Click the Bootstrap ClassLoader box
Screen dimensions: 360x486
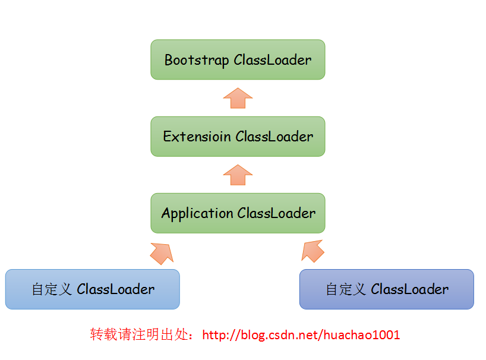[x=238, y=59]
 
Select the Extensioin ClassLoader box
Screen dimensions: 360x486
[x=238, y=137]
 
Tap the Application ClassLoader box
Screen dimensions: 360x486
[x=238, y=213]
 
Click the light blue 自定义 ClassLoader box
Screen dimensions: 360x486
[x=92, y=289]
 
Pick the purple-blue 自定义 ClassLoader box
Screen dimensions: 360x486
[x=386, y=289]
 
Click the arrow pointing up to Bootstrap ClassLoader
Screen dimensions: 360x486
[x=238, y=98]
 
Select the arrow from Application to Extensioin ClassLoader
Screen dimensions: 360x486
[x=238, y=175]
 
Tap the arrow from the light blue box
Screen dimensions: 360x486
[x=162, y=252]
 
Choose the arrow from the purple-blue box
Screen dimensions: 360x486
[x=313, y=251]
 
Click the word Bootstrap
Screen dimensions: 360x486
[x=197, y=60]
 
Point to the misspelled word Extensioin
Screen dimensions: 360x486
[x=197, y=137]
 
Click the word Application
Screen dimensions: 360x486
[x=197, y=213]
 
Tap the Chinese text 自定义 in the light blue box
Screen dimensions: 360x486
[x=52, y=289]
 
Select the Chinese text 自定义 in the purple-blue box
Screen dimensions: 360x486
[x=346, y=289]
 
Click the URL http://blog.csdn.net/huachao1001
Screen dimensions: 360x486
[x=301, y=335]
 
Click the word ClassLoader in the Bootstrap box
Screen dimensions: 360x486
[x=273, y=60]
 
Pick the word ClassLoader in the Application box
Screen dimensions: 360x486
[x=276, y=213]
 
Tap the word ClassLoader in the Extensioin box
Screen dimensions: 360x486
[x=274, y=137]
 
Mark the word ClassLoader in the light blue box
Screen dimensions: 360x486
[x=116, y=289]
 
